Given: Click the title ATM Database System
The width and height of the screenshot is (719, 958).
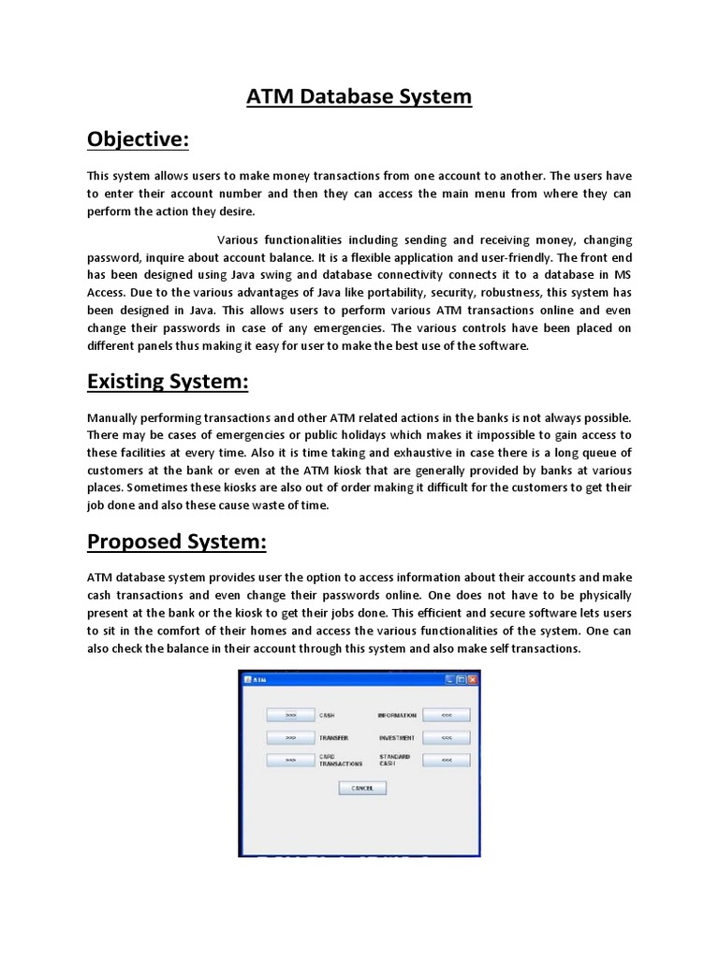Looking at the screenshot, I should click(359, 96).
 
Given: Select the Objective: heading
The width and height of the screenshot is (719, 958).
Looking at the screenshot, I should click(138, 139).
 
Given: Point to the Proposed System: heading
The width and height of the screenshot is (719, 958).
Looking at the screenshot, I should click(177, 543).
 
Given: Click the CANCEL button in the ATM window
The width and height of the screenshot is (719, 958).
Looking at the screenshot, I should click(361, 789).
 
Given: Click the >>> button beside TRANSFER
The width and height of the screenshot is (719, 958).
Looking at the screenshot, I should click(290, 737).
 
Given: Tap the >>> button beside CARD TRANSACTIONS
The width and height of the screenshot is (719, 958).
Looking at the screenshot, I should click(290, 761).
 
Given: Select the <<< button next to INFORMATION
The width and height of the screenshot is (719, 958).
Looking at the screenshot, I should click(446, 715).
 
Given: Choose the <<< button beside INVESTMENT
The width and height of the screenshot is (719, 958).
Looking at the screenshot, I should click(446, 737).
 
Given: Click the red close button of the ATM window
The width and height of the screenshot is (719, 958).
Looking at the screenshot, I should click(473, 679).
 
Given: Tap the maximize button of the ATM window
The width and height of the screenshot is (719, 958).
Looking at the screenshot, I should click(462, 679).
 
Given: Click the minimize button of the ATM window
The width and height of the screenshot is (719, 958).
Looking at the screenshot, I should click(450, 679).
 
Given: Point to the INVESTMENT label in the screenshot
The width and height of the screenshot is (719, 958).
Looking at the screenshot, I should click(396, 738).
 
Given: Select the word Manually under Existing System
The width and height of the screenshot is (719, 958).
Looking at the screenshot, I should click(117, 418).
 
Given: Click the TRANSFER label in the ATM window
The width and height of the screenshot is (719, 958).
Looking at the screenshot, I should click(333, 738).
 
